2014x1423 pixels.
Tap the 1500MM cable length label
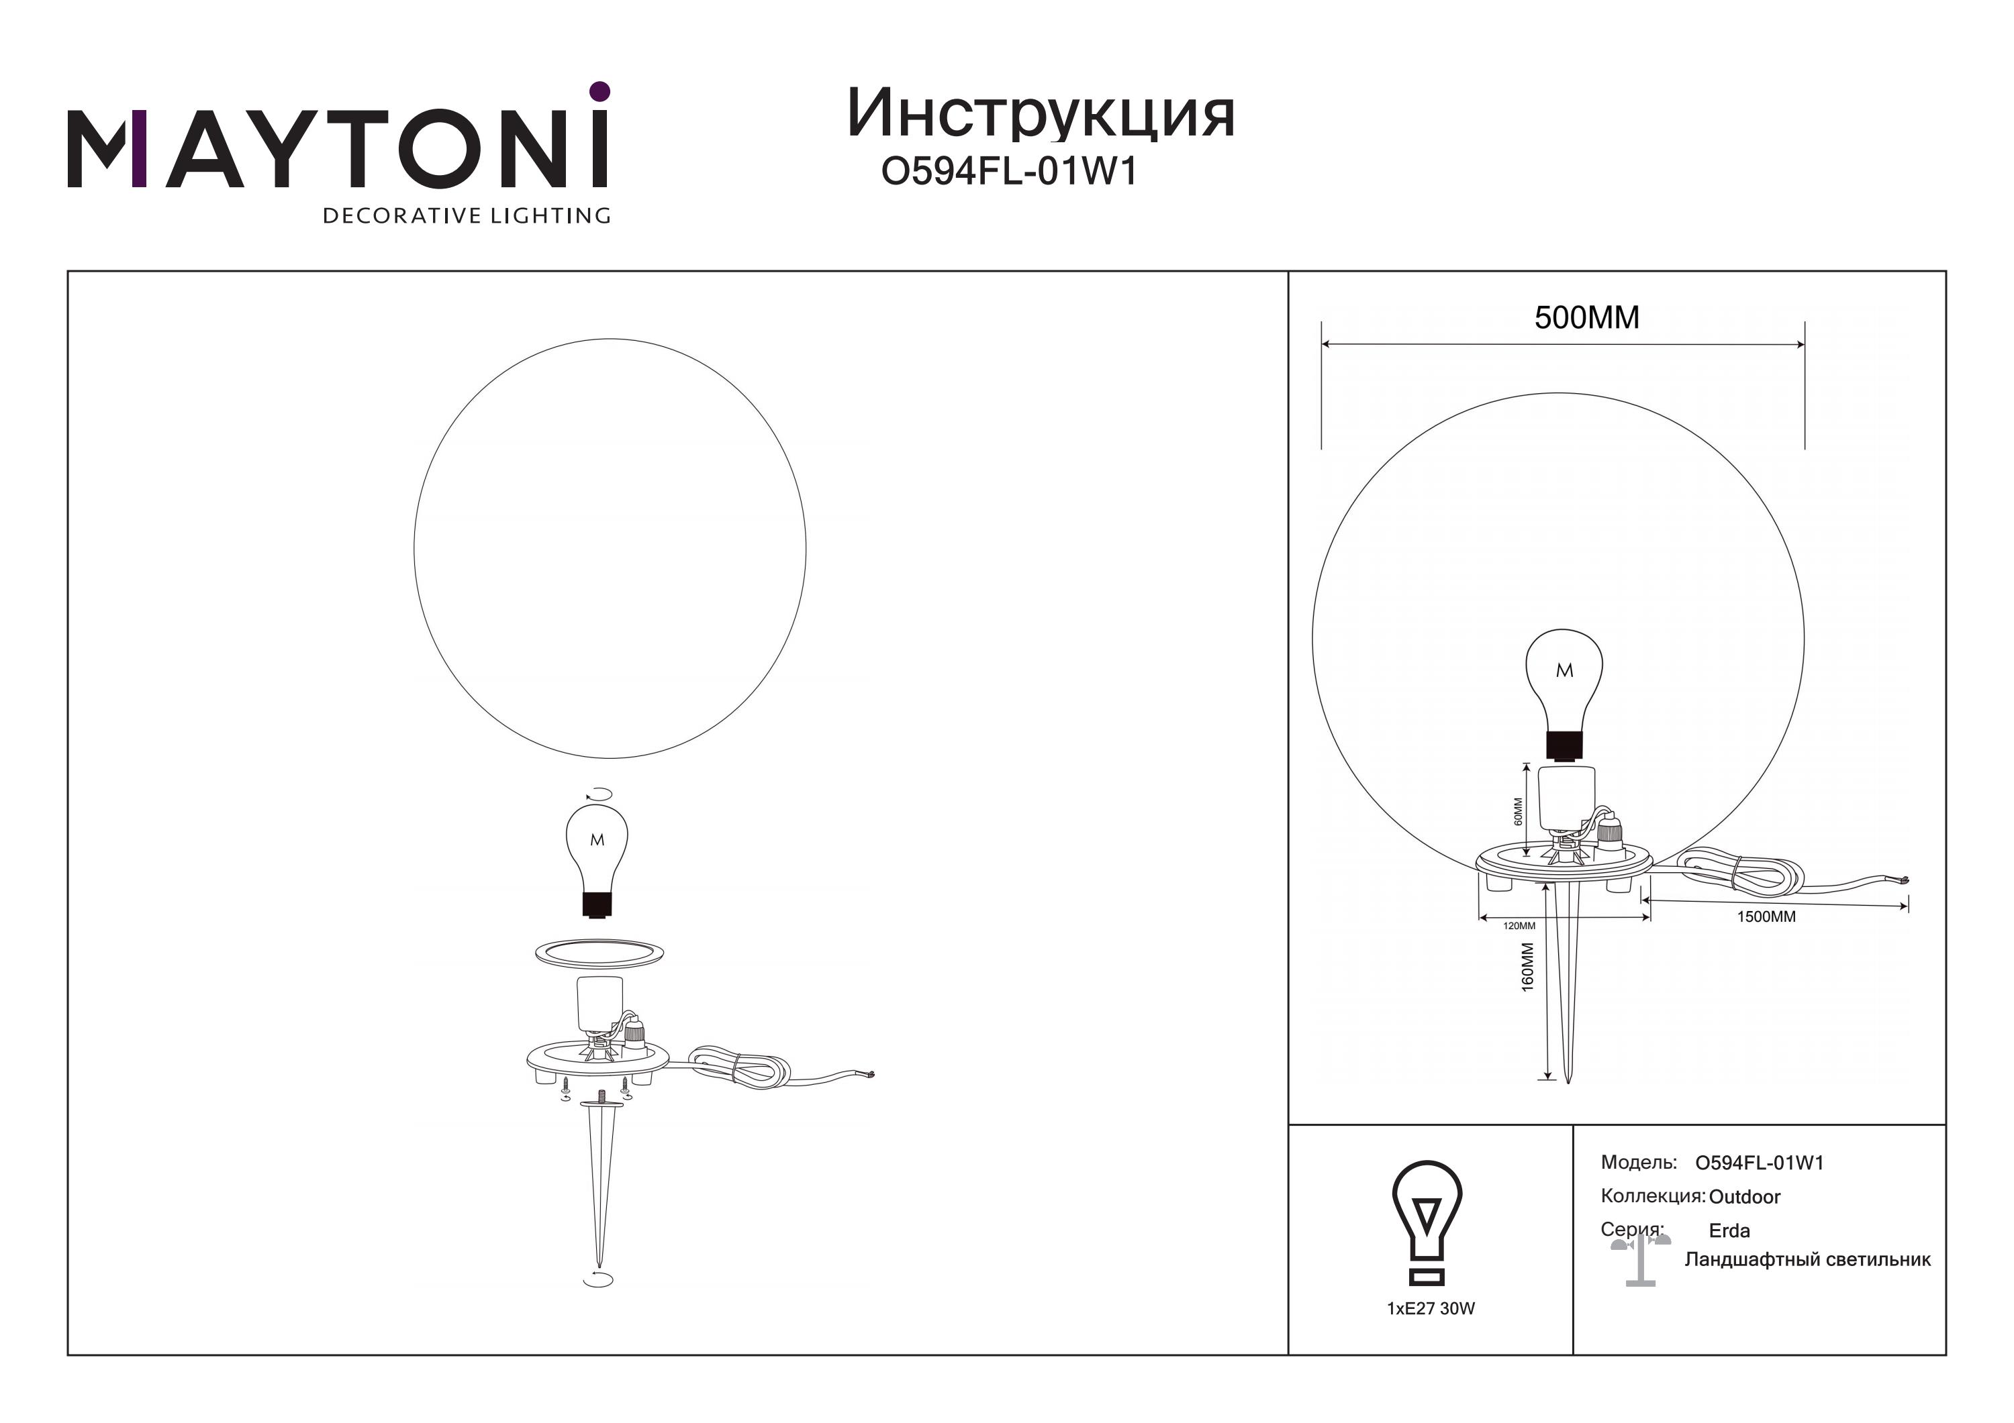coord(1766,917)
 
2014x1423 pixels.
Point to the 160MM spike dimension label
coord(1528,967)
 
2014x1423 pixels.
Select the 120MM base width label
coord(1519,926)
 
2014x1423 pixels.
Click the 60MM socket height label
coord(1519,811)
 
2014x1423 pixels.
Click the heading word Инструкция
coord(1041,115)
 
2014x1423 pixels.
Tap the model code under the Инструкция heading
coord(1009,172)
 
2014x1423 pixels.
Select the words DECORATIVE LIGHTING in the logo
coord(467,215)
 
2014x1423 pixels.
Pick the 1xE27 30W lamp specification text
coord(1431,1308)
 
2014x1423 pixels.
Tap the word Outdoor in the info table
coord(1745,1197)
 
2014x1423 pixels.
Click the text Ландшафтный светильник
coord(1808,1260)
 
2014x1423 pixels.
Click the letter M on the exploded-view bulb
coord(597,840)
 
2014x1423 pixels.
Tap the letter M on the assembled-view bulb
coord(1564,671)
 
